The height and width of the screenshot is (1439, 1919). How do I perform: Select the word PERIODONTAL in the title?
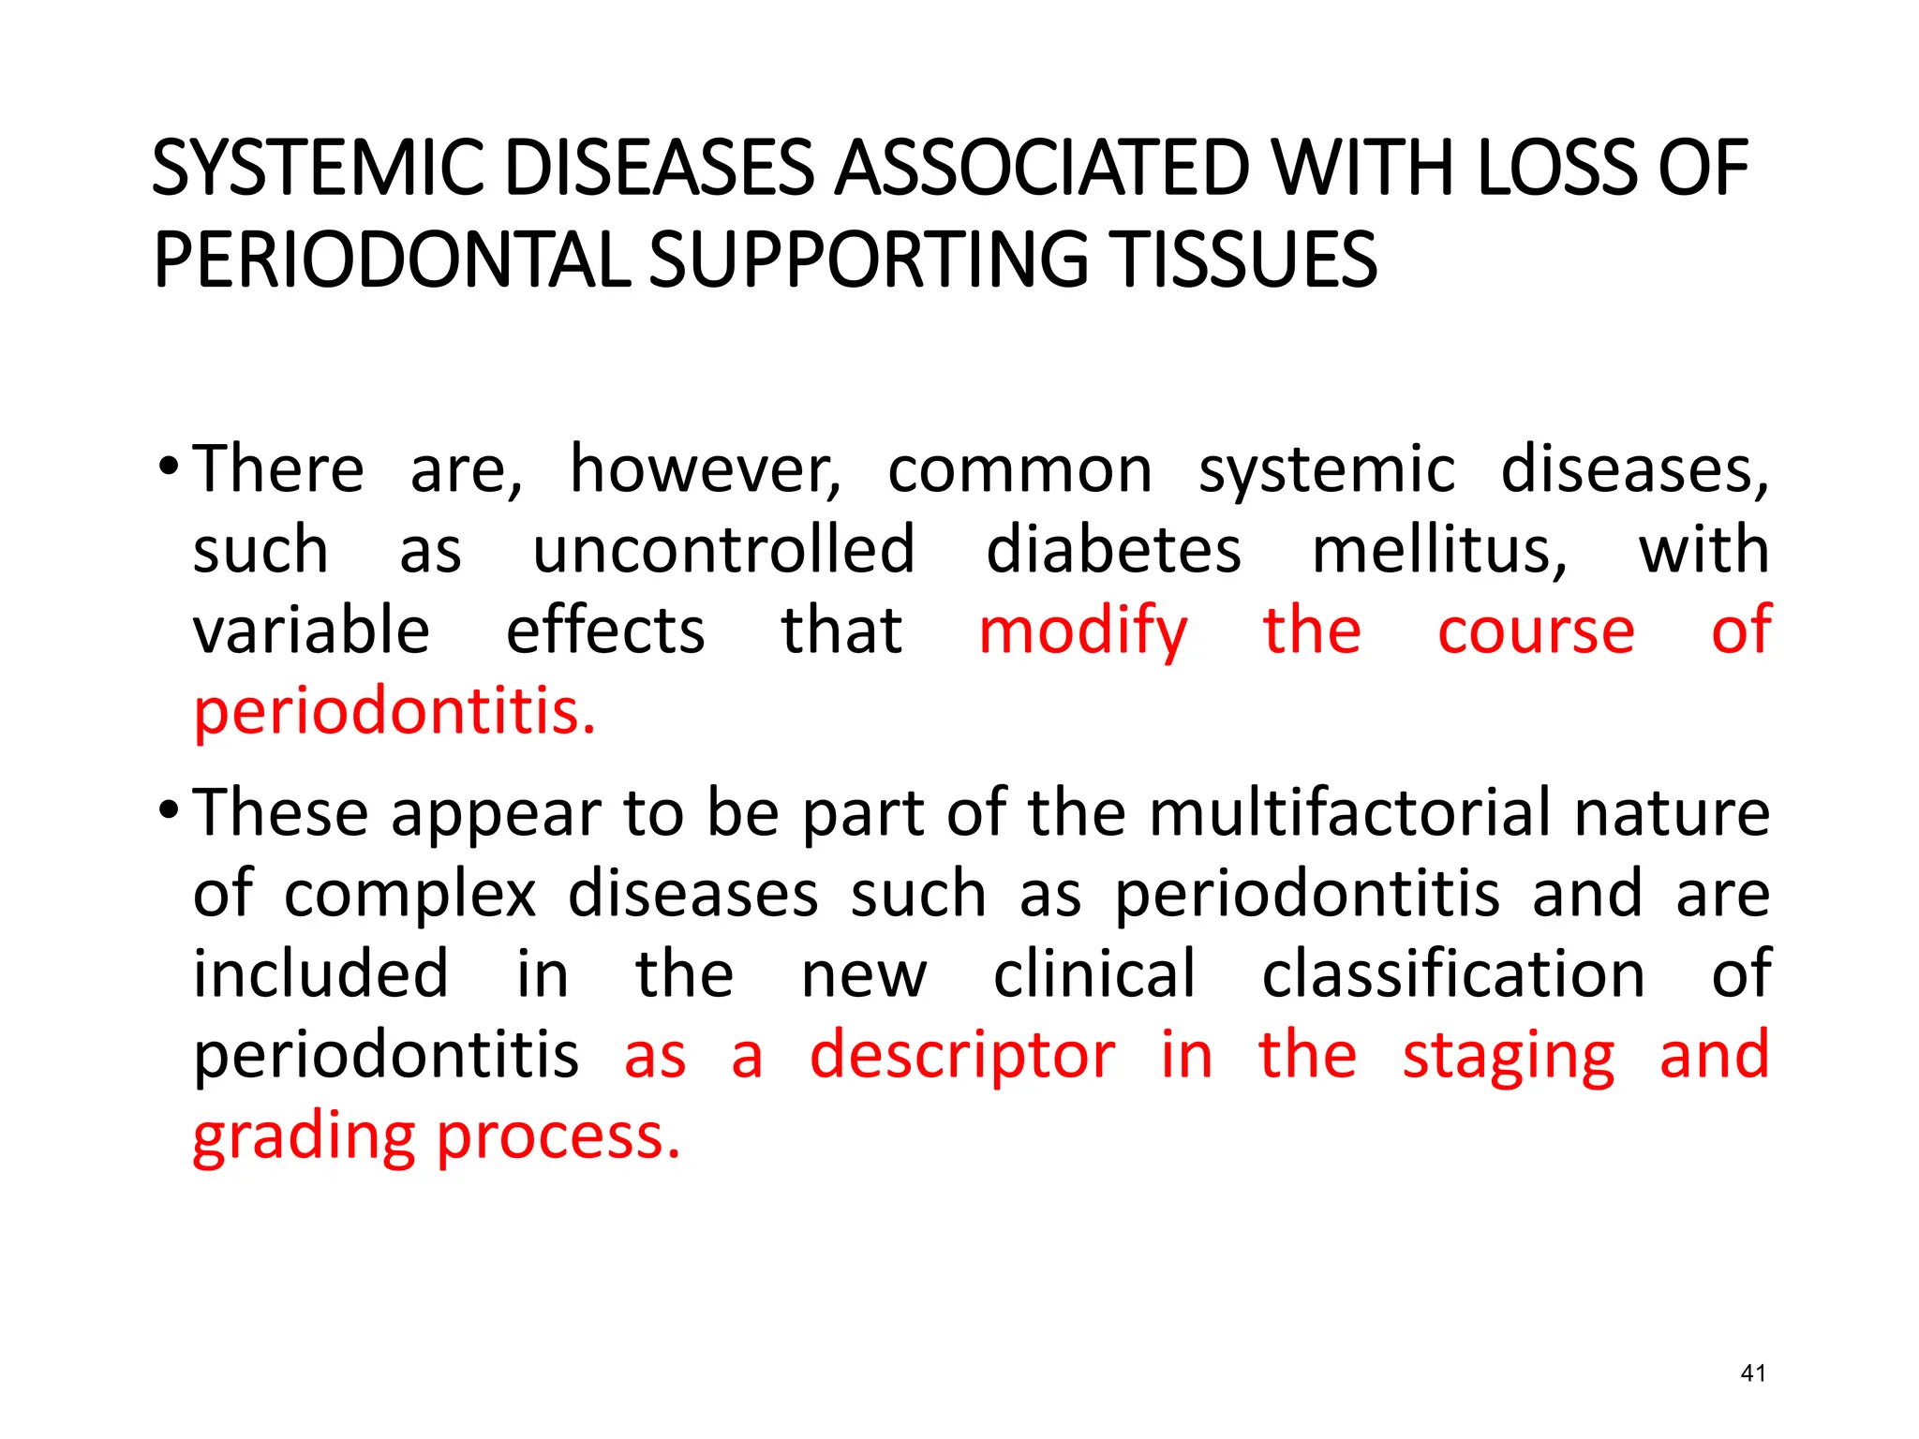[x=392, y=260]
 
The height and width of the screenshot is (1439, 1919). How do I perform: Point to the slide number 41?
[x=1752, y=1373]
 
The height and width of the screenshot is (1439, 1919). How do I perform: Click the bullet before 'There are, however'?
[x=169, y=466]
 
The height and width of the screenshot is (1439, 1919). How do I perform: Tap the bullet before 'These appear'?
[x=169, y=809]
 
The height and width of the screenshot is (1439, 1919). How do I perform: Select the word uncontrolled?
[x=723, y=550]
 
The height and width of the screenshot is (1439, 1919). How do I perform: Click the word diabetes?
[x=1113, y=550]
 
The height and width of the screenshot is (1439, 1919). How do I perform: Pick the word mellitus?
[x=1438, y=550]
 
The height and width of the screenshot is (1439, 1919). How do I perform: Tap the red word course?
[x=1536, y=630]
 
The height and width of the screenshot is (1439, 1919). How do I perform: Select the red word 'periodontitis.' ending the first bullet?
[x=394, y=712]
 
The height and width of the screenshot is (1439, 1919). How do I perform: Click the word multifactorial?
[x=1349, y=812]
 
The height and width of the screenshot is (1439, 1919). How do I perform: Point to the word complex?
[x=410, y=895]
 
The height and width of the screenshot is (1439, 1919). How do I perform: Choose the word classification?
[x=1453, y=974]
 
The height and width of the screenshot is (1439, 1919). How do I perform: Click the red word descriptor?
[x=962, y=1056]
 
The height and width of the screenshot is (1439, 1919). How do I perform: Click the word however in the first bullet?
[x=705, y=468]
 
